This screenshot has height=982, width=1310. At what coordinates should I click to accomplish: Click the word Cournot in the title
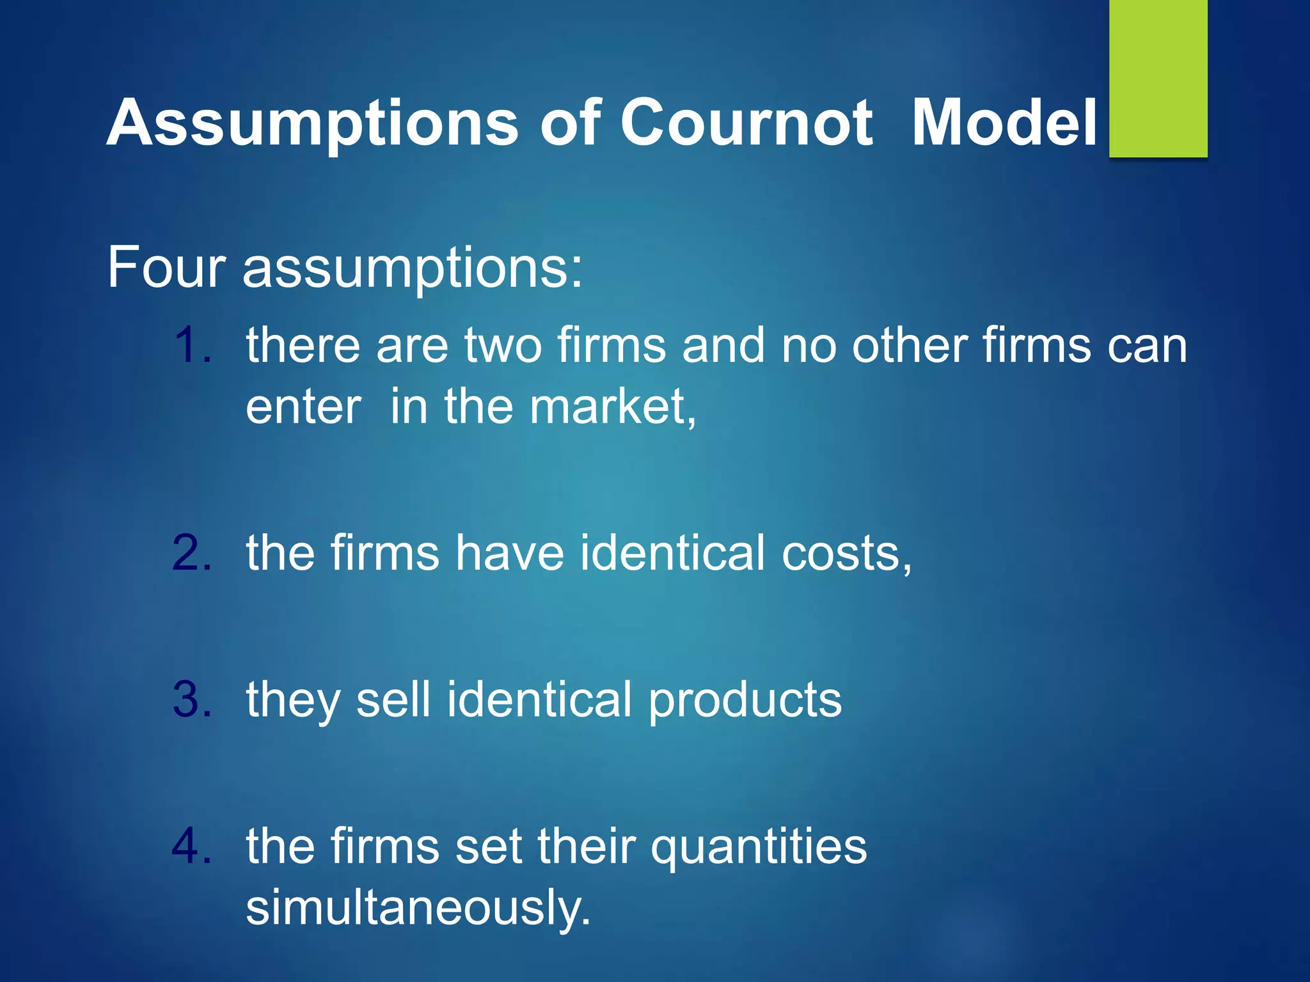[x=746, y=123]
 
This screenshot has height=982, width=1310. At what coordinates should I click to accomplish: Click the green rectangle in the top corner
[x=1158, y=78]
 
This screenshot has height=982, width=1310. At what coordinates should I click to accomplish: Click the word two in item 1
[x=503, y=345]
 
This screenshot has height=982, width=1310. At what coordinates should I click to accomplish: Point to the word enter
[x=304, y=408]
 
